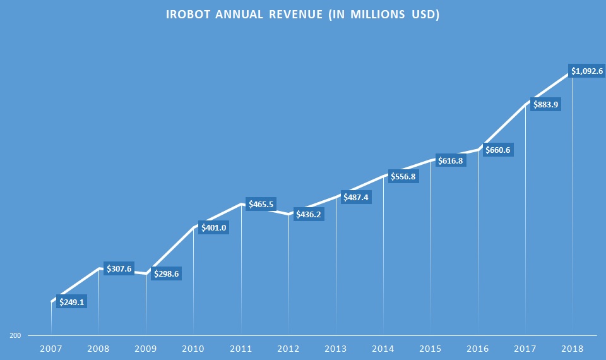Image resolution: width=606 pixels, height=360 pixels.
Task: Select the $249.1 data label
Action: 72,302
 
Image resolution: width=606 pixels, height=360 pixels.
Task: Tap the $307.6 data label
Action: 119,269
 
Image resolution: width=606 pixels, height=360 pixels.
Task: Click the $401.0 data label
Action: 214,227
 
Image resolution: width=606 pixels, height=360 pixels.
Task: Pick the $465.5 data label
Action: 261,205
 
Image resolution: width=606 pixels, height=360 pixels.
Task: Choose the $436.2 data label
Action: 309,214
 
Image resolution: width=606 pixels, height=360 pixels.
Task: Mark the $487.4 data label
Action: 356,197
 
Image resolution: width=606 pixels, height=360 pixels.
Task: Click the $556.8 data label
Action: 403,176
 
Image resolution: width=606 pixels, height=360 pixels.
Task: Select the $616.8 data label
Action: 450,161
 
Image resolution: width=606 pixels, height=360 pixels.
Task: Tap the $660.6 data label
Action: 497,150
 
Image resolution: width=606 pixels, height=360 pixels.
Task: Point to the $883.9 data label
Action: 545,104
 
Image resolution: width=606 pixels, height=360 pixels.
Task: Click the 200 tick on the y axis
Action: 14,336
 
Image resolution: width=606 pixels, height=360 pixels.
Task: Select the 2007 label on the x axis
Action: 50,348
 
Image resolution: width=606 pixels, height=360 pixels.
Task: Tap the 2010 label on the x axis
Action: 193,348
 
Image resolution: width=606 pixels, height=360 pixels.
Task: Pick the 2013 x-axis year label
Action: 336,348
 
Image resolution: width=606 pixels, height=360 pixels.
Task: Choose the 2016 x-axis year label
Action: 478,348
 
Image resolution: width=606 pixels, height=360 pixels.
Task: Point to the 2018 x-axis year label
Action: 573,348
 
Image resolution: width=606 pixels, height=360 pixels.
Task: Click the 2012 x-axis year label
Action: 288,348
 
